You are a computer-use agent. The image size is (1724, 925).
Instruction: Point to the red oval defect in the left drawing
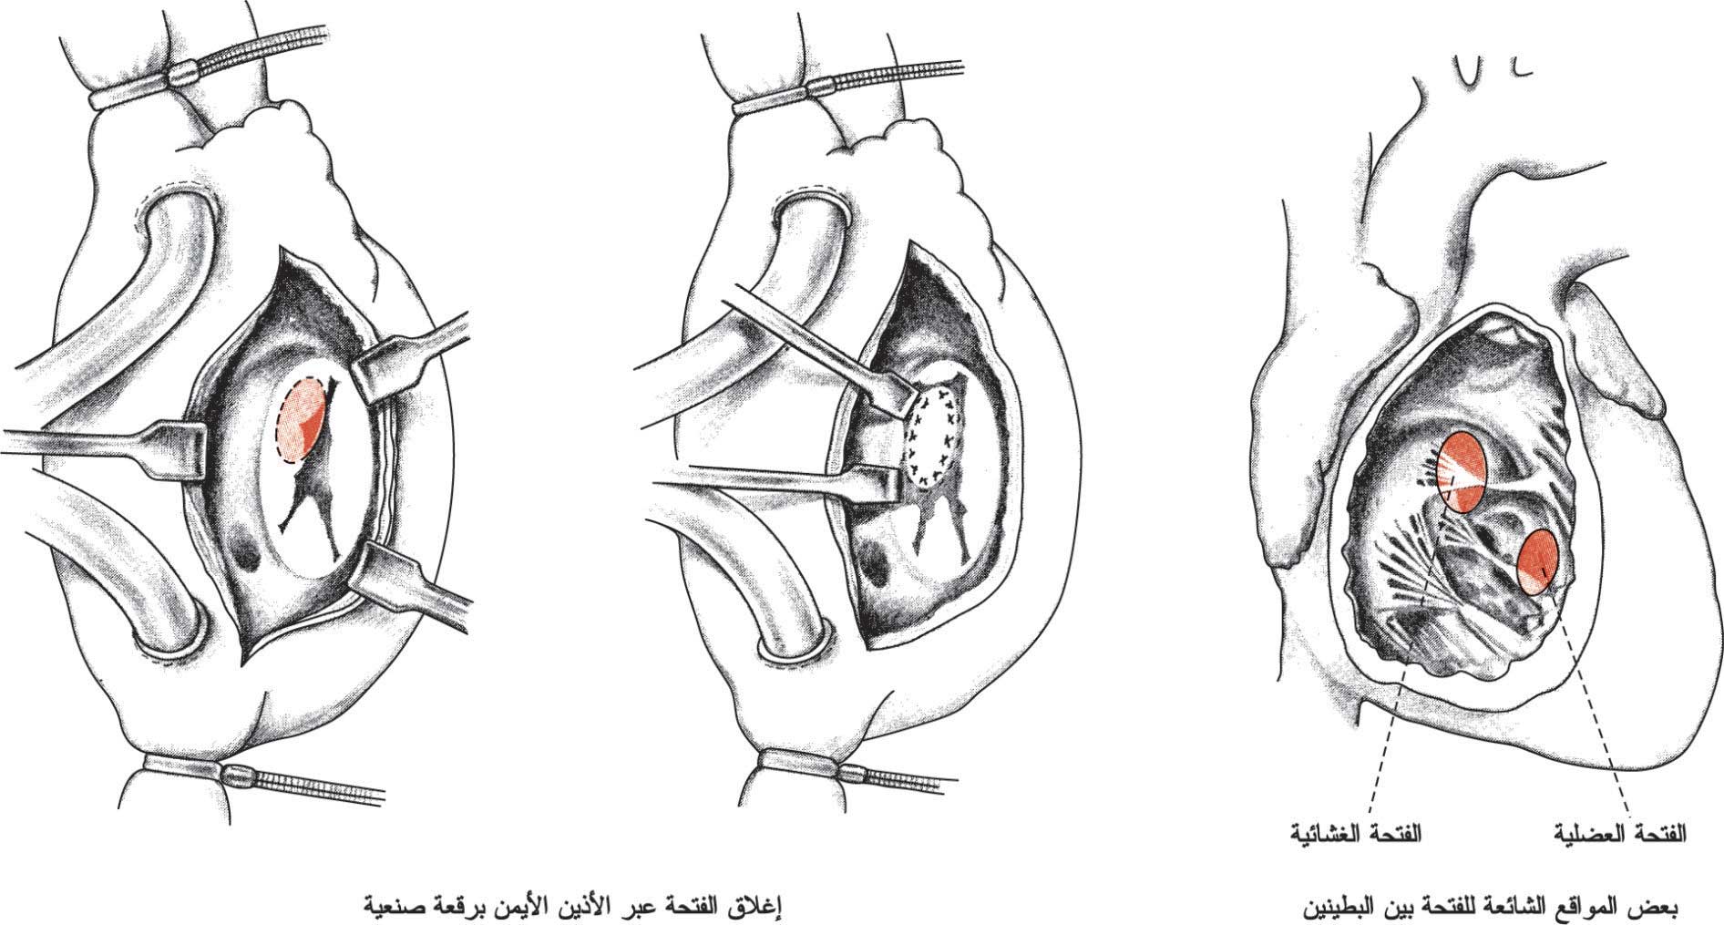(299, 421)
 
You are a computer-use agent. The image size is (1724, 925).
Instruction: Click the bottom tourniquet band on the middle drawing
(802, 764)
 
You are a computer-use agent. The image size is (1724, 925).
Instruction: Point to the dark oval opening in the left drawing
(244, 550)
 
